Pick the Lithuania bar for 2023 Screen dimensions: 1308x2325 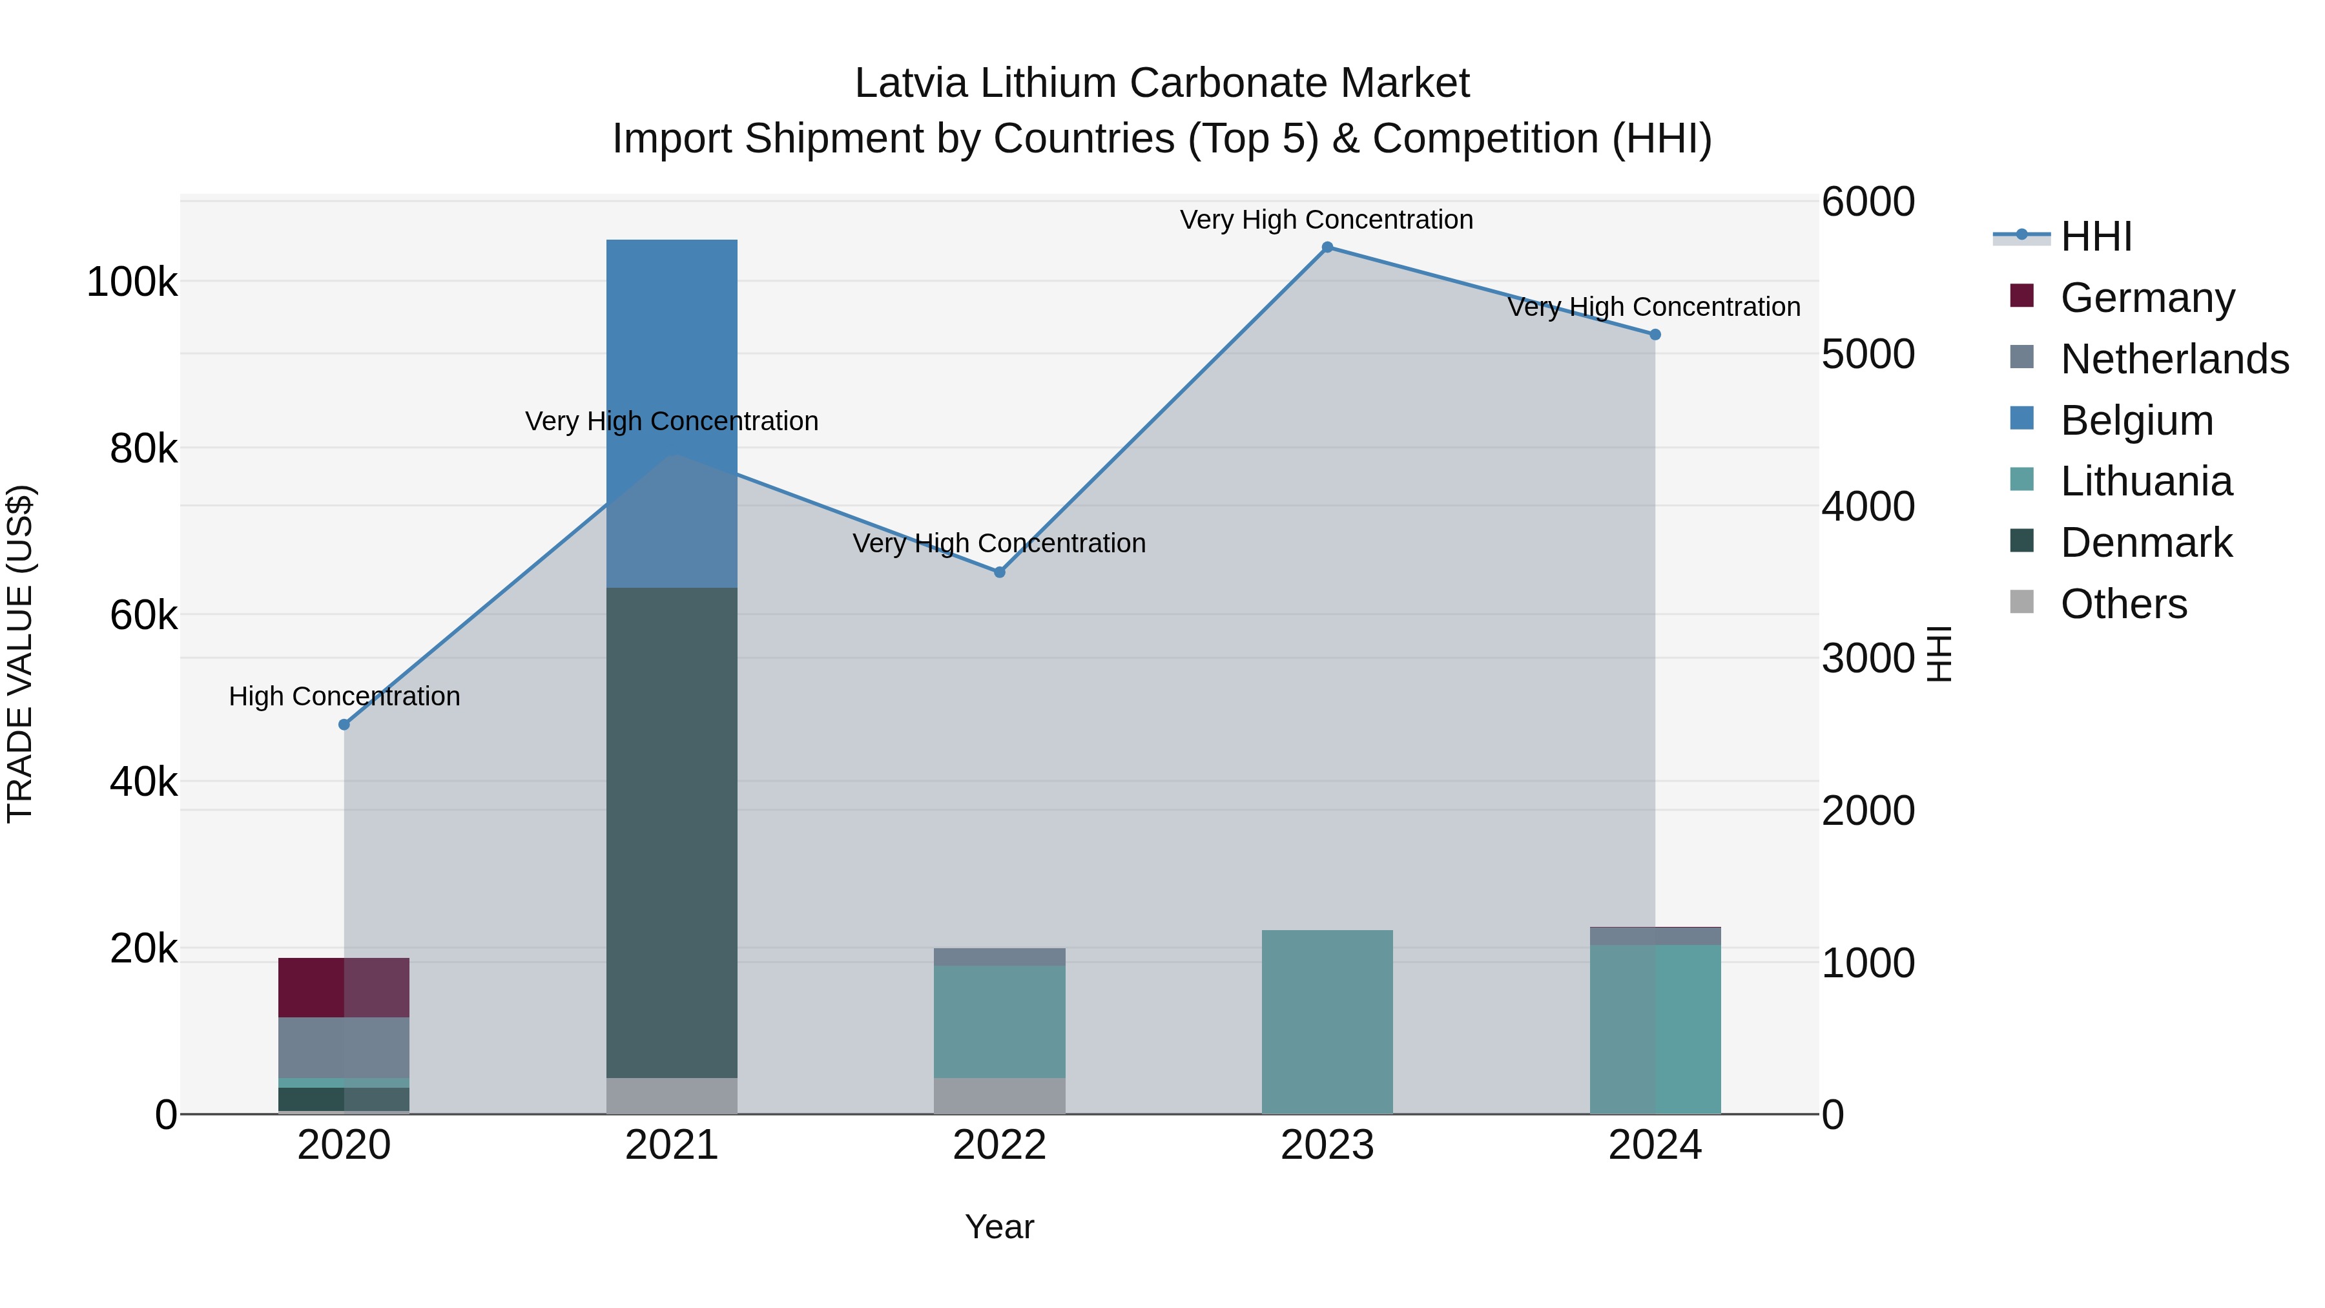pos(1327,1021)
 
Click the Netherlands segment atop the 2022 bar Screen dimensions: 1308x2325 pos(999,957)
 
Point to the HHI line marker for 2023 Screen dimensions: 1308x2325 pos(1327,247)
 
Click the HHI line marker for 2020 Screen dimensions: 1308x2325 pos(344,724)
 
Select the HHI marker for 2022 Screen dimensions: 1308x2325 pos(999,572)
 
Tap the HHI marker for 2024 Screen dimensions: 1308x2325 pos(1655,335)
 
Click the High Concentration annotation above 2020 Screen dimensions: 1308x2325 pos(344,696)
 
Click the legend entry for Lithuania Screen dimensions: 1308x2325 pos(2145,481)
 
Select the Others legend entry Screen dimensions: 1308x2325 pos(2123,604)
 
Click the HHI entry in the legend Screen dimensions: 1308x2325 pos(2096,236)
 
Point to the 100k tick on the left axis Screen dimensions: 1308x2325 pos(132,282)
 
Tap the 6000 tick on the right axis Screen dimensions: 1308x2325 pos(1866,202)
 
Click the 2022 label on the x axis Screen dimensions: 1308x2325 pos(999,1145)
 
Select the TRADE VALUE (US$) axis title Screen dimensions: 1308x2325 pos(20,654)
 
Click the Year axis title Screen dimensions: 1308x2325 pos(999,1227)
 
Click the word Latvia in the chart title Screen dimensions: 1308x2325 pos(911,83)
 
